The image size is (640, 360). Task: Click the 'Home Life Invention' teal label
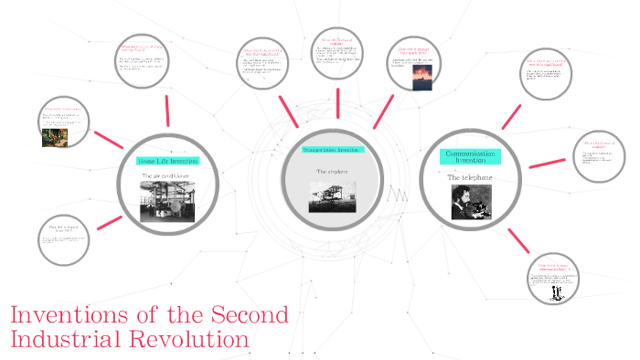point(167,161)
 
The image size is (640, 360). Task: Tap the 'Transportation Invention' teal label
point(333,149)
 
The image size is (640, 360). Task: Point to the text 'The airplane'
point(333,171)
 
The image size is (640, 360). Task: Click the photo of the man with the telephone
point(472,203)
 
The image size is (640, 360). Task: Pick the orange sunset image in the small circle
point(409,80)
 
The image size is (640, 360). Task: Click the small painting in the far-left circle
point(55,136)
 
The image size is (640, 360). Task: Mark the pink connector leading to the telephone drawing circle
point(518,240)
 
